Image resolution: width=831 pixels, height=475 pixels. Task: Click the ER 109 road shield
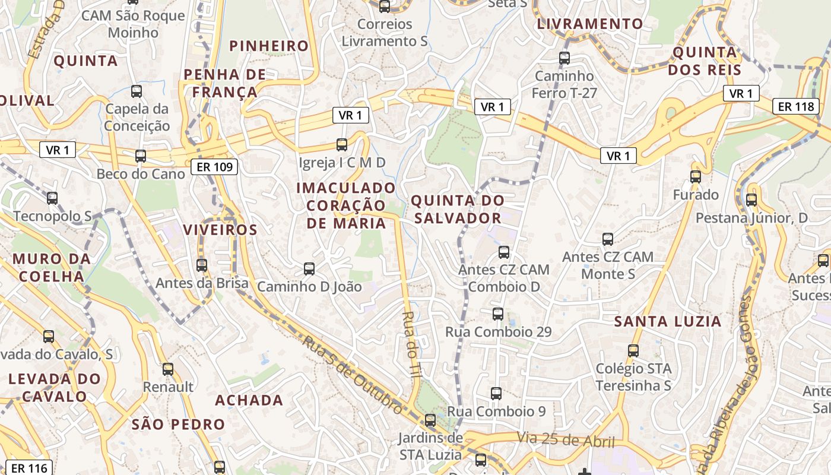tap(214, 167)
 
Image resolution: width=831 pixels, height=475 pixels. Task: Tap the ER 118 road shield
tap(796, 106)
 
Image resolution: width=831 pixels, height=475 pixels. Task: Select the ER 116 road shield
tap(29, 468)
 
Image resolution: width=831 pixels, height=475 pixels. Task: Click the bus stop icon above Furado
tap(695, 176)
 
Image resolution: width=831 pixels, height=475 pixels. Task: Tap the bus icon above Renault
tap(168, 369)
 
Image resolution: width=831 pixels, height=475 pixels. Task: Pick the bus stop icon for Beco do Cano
tap(140, 156)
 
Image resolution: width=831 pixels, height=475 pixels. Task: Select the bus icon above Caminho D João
tap(309, 268)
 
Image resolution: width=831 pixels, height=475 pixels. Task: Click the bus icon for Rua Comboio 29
tap(497, 313)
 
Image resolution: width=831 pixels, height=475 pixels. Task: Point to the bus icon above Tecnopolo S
tap(52, 198)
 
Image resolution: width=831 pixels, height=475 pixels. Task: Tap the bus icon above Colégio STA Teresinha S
tap(633, 350)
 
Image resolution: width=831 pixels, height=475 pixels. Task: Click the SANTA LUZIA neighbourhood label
tap(668, 322)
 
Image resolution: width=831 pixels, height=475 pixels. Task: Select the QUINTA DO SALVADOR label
tap(457, 209)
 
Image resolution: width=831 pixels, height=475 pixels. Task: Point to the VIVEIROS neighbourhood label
tap(220, 230)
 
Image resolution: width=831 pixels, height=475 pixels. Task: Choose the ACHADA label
tap(249, 400)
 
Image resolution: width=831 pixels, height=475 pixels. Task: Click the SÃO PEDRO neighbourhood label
tap(178, 424)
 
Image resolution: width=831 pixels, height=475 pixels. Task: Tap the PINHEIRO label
tap(269, 46)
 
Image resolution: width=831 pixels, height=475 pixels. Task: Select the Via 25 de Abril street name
tap(564, 440)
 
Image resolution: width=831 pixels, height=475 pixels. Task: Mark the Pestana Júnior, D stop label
tap(751, 218)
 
